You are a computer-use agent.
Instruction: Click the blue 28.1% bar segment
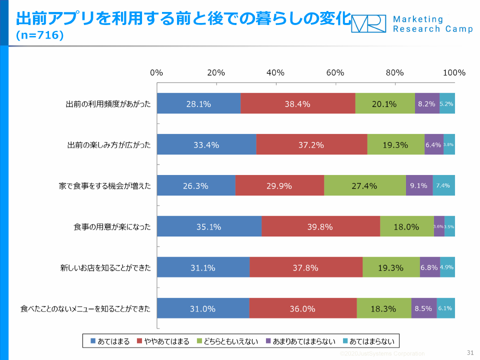[198, 104]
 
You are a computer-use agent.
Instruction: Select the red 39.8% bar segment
[320, 227]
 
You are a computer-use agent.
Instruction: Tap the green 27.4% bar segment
[364, 186]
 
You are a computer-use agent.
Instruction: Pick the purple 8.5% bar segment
[423, 308]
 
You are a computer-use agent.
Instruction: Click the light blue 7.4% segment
[443, 185]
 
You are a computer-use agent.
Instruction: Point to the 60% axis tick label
[335, 72]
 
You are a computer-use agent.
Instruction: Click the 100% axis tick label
[454, 72]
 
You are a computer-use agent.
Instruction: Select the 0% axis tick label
[157, 72]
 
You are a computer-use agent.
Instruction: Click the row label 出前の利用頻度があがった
[108, 104]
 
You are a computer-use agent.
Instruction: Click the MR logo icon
[368, 23]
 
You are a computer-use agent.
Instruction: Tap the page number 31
[469, 352]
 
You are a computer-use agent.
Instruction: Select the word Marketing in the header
[418, 19]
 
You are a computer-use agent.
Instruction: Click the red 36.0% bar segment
[302, 308]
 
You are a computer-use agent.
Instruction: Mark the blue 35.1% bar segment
[208, 227]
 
